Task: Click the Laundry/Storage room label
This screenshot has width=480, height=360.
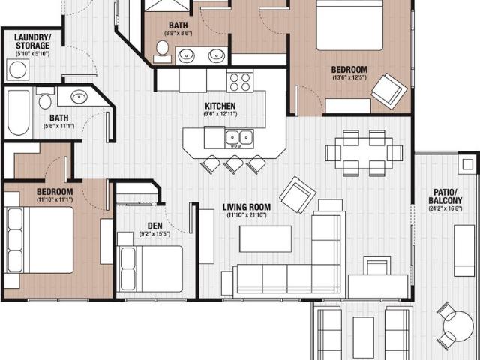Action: click(x=32, y=41)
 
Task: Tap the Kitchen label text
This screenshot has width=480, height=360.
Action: click(x=220, y=106)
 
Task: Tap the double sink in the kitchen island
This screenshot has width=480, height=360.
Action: click(x=239, y=138)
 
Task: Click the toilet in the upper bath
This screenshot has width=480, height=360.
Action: click(x=162, y=49)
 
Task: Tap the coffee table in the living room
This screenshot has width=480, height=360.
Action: click(x=265, y=238)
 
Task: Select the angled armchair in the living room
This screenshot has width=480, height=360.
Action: click(x=297, y=194)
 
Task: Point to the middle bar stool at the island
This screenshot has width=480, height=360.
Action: click(x=234, y=163)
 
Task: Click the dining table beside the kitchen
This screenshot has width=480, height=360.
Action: click(x=363, y=153)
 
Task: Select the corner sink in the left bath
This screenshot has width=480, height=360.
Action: click(x=81, y=97)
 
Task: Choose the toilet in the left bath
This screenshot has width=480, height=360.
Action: click(x=45, y=100)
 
